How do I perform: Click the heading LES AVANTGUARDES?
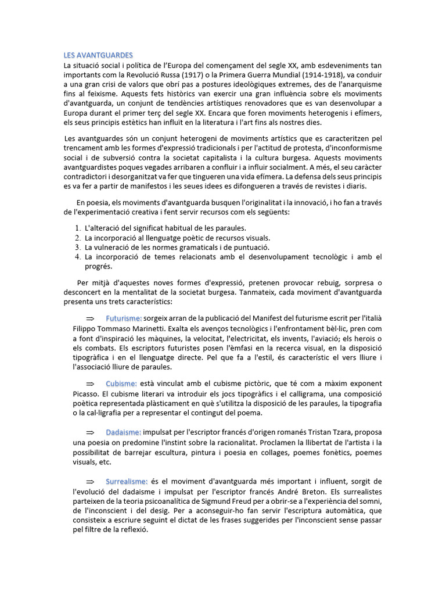(x=98, y=55)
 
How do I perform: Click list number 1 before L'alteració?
(x=78, y=228)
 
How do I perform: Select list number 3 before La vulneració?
(x=78, y=248)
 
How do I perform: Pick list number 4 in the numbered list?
(x=78, y=257)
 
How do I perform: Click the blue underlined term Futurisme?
(x=124, y=319)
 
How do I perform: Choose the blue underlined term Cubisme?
(x=121, y=384)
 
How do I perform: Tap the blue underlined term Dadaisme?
(x=124, y=433)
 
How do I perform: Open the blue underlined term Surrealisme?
(x=127, y=482)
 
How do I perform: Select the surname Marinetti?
(x=138, y=328)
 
